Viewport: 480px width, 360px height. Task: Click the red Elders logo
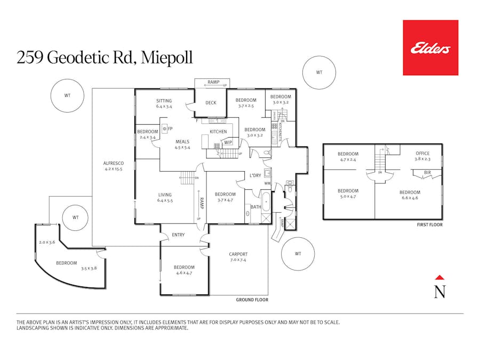click(430, 47)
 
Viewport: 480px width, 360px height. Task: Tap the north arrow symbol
click(439, 289)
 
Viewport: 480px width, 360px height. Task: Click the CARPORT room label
click(238, 254)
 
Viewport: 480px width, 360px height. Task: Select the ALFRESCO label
click(114, 163)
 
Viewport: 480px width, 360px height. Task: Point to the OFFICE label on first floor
click(422, 154)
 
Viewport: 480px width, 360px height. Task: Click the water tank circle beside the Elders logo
click(319, 73)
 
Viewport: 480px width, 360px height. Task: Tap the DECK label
click(211, 103)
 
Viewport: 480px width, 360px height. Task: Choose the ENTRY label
click(178, 235)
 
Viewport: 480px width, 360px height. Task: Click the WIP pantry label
click(228, 142)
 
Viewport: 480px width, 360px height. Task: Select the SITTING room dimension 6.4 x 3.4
click(164, 107)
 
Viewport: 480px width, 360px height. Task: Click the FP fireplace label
click(170, 129)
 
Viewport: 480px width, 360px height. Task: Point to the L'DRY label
click(255, 175)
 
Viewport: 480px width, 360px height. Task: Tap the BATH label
click(255, 206)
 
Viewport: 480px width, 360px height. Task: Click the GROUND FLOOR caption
click(252, 300)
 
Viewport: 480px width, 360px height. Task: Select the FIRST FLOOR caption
click(430, 225)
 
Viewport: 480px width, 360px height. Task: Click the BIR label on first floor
click(427, 173)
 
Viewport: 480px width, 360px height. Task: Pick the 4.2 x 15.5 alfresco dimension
click(114, 169)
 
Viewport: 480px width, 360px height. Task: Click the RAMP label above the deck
click(213, 82)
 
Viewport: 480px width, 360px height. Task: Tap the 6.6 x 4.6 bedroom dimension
click(410, 198)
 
